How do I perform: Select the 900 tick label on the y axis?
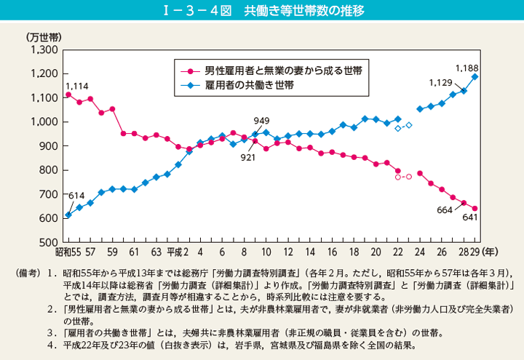tap(49, 145)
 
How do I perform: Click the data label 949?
tap(262, 120)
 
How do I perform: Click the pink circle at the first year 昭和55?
tap(68, 95)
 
